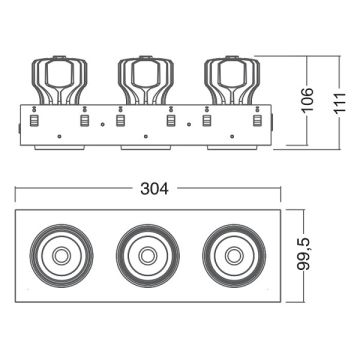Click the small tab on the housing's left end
pyautogui.click(x=17, y=128)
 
